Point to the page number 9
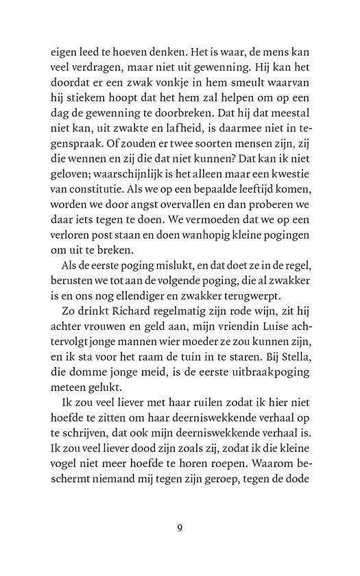pos(180,528)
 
